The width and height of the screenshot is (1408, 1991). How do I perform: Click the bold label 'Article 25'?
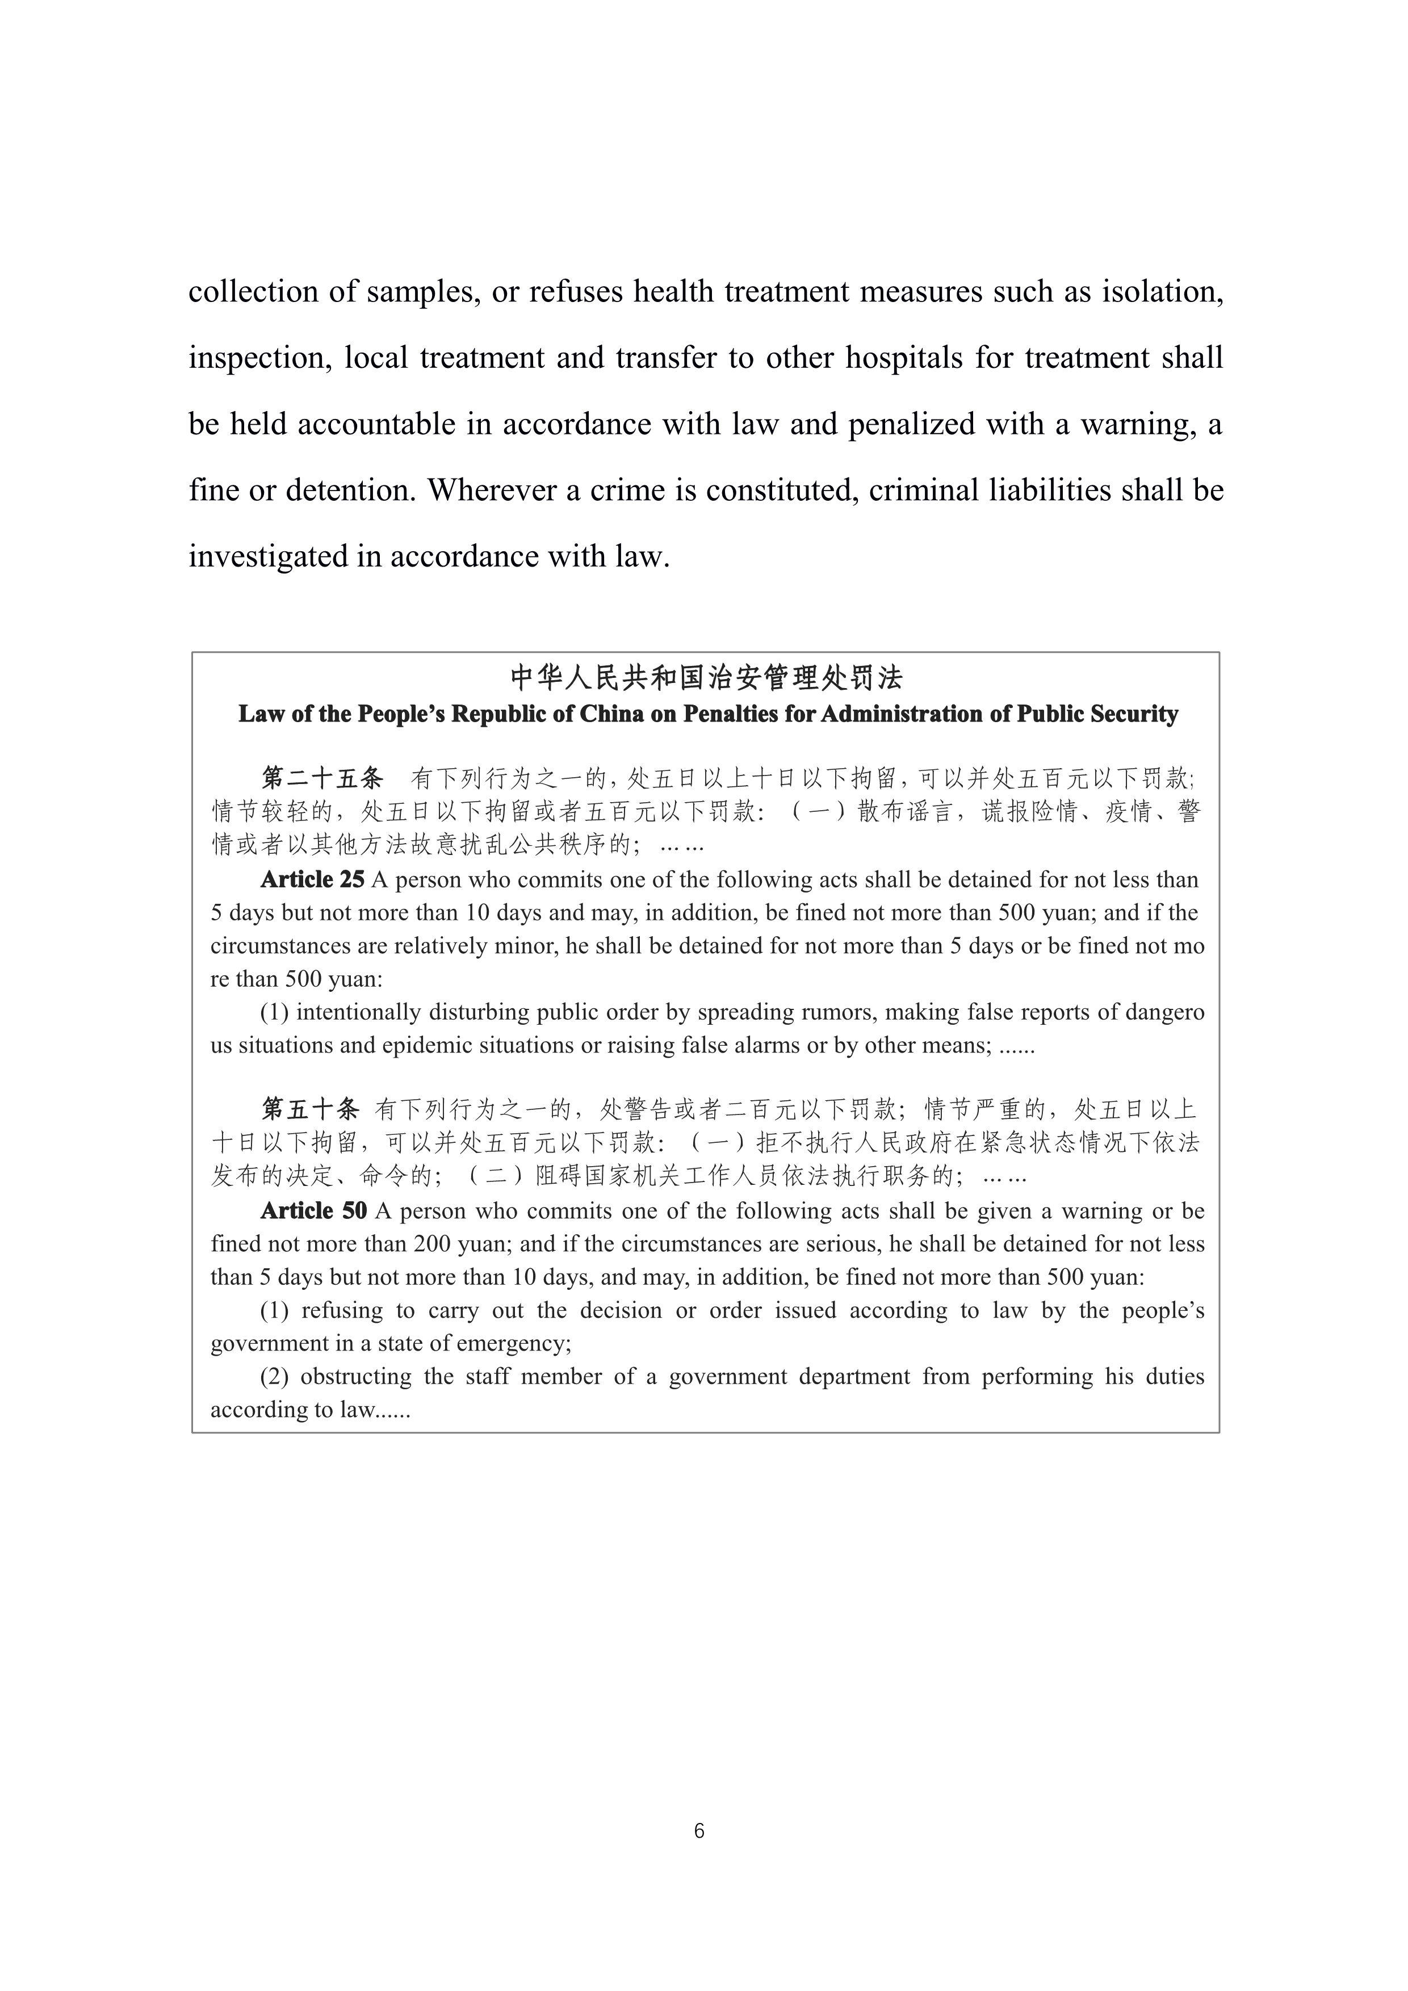pos(312,880)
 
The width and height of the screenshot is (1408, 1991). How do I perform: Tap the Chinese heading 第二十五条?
pos(322,778)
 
